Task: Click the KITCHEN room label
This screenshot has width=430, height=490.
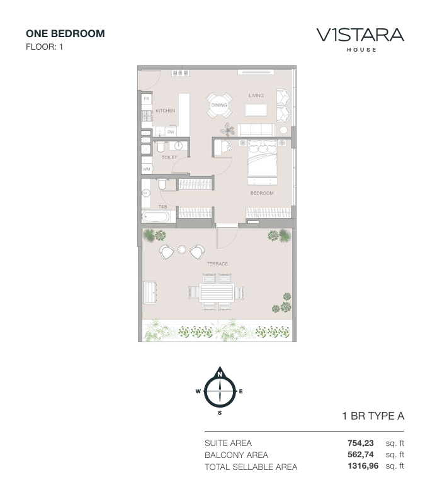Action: [x=166, y=111]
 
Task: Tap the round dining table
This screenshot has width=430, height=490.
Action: [x=219, y=105]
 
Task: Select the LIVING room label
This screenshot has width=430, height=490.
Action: [x=256, y=96]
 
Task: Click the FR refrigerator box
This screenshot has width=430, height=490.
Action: [x=146, y=99]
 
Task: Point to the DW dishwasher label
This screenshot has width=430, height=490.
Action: [x=171, y=132]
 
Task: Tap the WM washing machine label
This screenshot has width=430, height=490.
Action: [x=146, y=169]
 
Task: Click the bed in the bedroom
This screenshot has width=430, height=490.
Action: [x=263, y=159]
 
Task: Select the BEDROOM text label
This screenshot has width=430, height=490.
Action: [x=262, y=193]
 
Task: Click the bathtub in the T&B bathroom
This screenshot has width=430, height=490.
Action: [x=156, y=216]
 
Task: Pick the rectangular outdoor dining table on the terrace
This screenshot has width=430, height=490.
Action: [x=217, y=292]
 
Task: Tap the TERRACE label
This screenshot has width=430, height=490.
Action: [x=217, y=264]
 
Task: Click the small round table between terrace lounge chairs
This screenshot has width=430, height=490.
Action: [x=182, y=250]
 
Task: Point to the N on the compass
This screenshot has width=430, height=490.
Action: [x=220, y=374]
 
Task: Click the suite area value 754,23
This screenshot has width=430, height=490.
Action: [x=361, y=443]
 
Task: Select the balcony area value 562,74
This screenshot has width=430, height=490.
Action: [x=361, y=454]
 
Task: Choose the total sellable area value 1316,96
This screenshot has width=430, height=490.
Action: [x=363, y=466]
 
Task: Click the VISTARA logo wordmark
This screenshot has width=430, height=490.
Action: [x=360, y=35]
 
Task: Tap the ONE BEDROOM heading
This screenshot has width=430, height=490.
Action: [x=65, y=33]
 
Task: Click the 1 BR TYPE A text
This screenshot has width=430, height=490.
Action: [x=373, y=416]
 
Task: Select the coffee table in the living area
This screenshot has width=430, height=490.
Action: [x=256, y=110]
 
